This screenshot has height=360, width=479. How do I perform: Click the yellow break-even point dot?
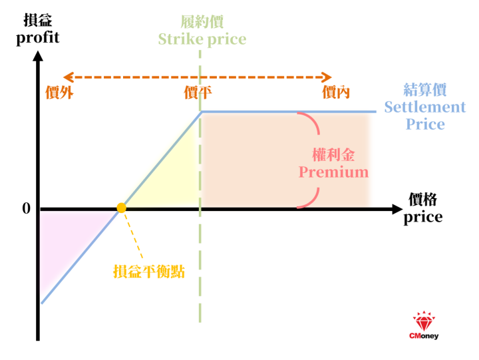(x=121, y=208)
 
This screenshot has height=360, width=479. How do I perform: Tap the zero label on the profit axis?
(x=27, y=208)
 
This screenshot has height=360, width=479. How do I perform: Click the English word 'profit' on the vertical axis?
(x=37, y=38)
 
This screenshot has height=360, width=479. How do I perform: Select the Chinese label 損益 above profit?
(x=38, y=21)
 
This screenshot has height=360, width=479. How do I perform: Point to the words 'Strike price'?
(x=202, y=39)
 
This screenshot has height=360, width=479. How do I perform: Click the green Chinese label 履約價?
(x=202, y=22)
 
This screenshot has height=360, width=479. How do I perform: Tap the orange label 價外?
(x=59, y=92)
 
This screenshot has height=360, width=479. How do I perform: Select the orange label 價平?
(x=198, y=92)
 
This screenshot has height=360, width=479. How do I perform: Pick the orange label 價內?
(x=336, y=92)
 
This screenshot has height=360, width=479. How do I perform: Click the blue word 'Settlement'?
(x=425, y=107)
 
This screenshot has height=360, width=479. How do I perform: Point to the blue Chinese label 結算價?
(x=425, y=90)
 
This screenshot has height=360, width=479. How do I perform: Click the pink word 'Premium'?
(x=333, y=172)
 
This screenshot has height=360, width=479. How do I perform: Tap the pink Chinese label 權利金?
(x=333, y=155)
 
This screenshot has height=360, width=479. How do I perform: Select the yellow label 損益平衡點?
(x=149, y=271)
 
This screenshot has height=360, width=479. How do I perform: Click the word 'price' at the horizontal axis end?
(x=423, y=218)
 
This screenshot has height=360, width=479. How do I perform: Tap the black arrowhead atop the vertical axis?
(x=38, y=56)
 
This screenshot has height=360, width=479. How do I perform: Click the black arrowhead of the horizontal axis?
(x=397, y=210)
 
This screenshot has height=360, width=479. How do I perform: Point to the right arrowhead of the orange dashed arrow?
(x=327, y=77)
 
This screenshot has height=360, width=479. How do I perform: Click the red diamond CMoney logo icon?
(x=424, y=321)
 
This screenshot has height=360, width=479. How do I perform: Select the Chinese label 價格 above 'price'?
(x=423, y=200)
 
